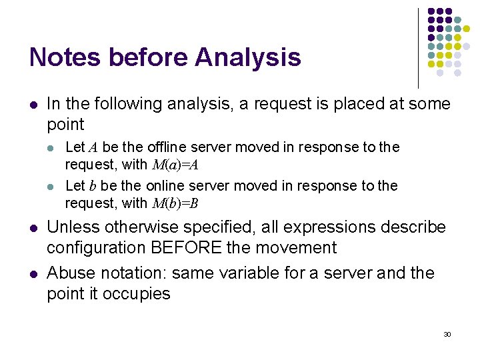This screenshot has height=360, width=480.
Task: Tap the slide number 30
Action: click(447, 333)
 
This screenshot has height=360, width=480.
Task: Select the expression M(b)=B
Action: click(174, 203)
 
